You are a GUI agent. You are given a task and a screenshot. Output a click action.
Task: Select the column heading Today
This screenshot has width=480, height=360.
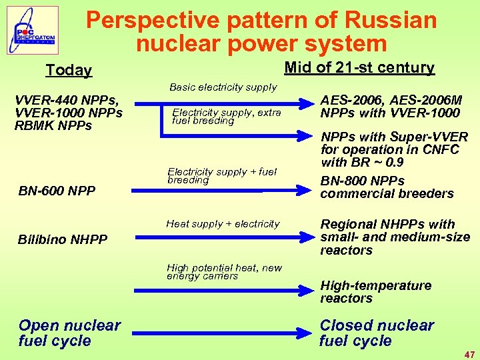pyautogui.click(x=69, y=70)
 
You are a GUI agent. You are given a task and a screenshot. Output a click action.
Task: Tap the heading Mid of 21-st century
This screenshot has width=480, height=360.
pyautogui.click(x=359, y=67)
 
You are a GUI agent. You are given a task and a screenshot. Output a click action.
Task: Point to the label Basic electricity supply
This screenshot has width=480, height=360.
pyautogui.click(x=223, y=87)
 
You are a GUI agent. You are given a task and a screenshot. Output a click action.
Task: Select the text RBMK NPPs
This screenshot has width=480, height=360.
pyautogui.click(x=53, y=125)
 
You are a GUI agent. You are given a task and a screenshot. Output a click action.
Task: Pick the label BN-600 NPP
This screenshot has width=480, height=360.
pyautogui.click(x=57, y=191)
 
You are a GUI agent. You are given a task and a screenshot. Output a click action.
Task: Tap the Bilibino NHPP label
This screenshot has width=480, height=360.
pyautogui.click(x=63, y=239)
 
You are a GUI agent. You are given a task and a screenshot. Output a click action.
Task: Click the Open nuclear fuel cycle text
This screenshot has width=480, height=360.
pyautogui.click(x=69, y=333)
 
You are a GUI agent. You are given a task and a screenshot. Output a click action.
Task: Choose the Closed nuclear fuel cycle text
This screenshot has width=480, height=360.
pyautogui.click(x=376, y=333)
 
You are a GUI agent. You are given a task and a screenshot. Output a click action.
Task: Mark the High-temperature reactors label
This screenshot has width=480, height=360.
pyautogui.click(x=375, y=291)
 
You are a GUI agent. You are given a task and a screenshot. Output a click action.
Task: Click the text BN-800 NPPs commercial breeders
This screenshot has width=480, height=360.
pyautogui.click(x=387, y=187)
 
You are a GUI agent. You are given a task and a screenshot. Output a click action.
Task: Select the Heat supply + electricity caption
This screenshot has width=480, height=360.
pyautogui.click(x=223, y=224)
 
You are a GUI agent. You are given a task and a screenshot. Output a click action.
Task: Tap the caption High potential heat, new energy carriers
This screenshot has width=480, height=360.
pyautogui.click(x=224, y=271)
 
